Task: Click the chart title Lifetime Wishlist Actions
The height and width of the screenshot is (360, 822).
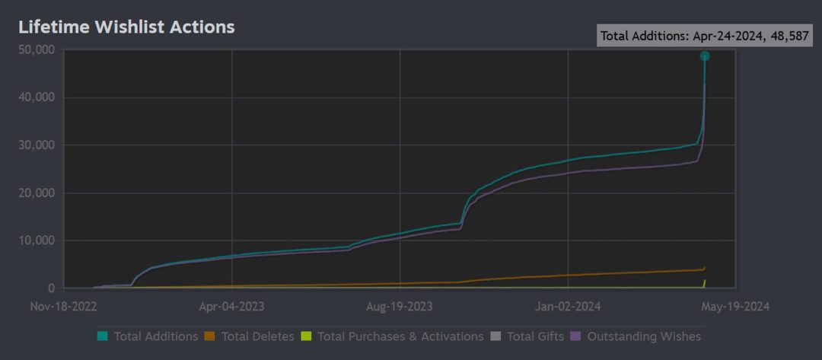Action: [126, 27]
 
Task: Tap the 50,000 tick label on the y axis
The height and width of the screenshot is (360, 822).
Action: [36, 50]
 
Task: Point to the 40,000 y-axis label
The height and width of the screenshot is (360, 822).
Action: [36, 97]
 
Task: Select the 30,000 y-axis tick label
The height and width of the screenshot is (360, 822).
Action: [36, 145]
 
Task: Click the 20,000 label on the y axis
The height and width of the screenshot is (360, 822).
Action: [36, 193]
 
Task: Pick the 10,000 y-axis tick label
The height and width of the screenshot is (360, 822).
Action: [36, 241]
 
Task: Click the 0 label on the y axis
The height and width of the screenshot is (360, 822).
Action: [51, 288]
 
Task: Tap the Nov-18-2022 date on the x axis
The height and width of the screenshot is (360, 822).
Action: [64, 307]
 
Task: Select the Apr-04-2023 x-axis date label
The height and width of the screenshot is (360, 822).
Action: [231, 307]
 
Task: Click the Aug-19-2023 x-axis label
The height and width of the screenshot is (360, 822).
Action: [400, 307]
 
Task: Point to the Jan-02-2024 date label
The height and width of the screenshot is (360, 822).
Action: [568, 307]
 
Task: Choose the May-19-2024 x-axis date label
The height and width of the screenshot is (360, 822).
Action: [736, 307]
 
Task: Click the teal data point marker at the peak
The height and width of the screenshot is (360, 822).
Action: [705, 56]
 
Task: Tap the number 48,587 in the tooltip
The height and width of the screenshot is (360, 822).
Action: [788, 36]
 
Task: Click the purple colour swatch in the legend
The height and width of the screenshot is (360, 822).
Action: [577, 336]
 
